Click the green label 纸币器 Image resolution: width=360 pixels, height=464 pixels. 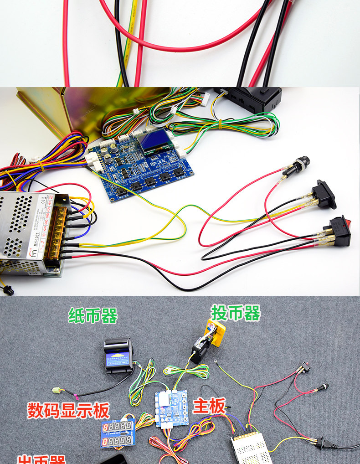[93, 315]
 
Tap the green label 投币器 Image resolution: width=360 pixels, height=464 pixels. [235, 313]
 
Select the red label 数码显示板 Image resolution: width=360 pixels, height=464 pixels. [68, 410]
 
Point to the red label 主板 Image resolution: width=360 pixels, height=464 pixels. [209, 406]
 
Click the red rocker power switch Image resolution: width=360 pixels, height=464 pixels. [339, 231]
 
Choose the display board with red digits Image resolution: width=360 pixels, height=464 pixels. [118, 433]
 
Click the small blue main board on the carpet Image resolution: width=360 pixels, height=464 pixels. [171, 408]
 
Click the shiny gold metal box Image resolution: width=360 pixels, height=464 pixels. [68, 109]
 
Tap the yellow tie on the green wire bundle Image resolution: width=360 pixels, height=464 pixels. [219, 123]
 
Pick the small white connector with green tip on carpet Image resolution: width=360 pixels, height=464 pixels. [57, 390]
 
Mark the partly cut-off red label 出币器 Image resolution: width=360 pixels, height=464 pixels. [41, 459]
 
